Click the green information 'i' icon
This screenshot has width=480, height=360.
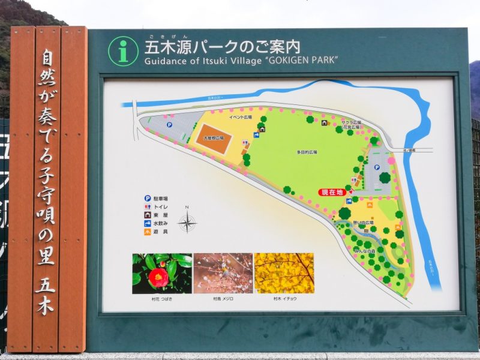tap(123, 51)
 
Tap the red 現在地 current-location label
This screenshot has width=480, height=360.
tap(332, 192)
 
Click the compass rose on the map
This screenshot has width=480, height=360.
tap(187, 223)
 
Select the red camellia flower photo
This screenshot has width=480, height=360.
tap(162, 273)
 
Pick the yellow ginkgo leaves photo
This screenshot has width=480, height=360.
tap(284, 273)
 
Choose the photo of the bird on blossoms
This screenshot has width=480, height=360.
tap(223, 273)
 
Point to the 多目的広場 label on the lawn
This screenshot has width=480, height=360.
tap(307, 152)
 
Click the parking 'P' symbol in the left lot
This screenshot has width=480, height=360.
tap(169, 125)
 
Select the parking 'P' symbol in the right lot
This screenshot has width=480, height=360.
tap(376, 169)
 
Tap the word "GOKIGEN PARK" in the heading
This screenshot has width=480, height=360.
tap(304, 60)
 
